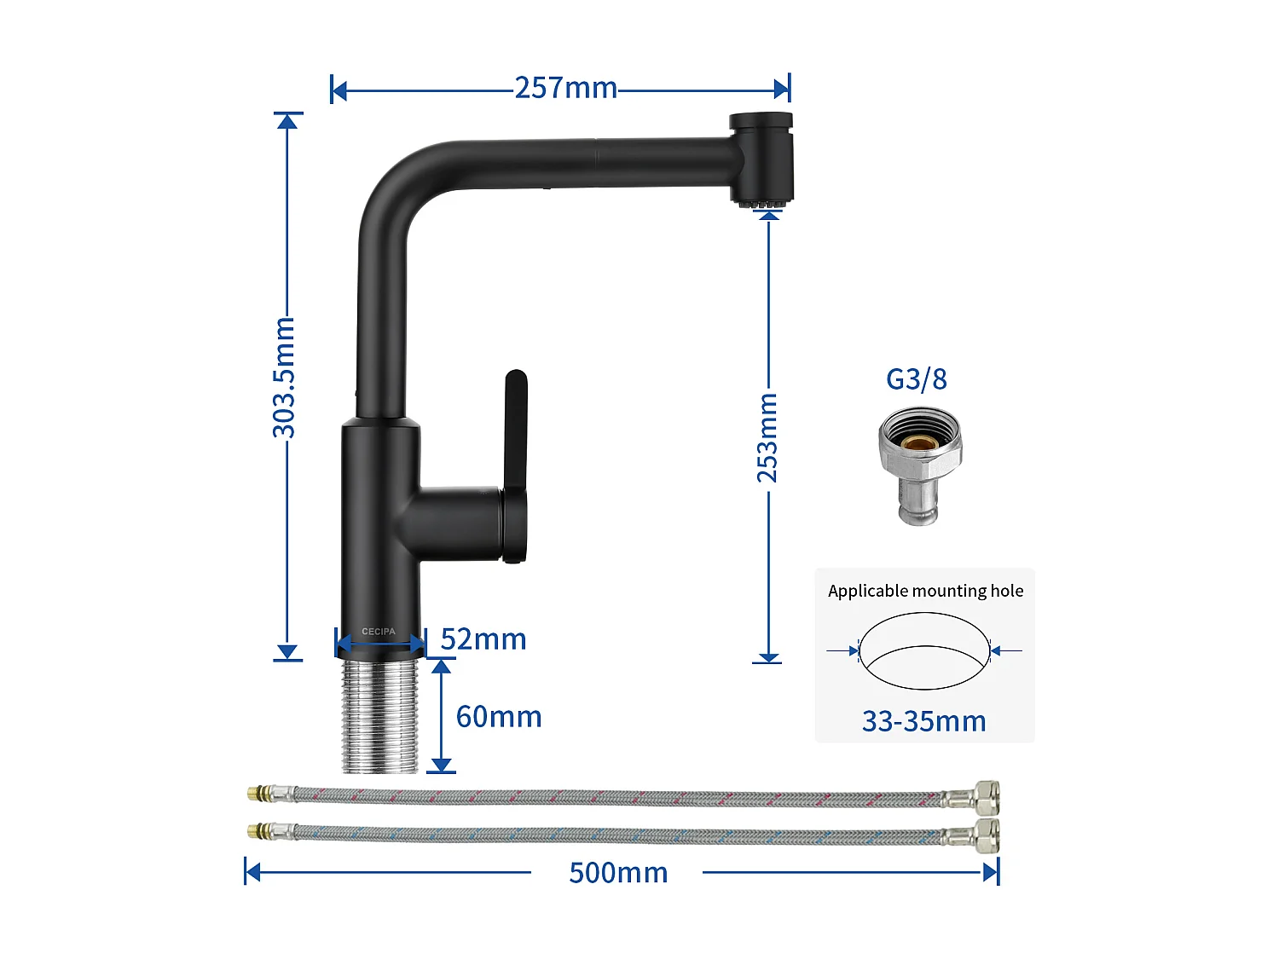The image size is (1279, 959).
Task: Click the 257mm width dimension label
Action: [565, 88]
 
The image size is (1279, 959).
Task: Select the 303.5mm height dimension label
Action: [284, 378]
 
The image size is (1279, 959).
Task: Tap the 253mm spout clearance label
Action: [767, 437]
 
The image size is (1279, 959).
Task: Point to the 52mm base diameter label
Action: [483, 639]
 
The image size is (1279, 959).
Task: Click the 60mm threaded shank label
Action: [499, 717]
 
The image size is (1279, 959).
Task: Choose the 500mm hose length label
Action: [618, 873]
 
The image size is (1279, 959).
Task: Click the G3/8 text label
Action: [917, 379]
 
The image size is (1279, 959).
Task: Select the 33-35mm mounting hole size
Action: [923, 721]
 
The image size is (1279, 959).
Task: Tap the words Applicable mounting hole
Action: [925, 591]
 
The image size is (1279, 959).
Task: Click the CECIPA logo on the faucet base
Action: [379, 632]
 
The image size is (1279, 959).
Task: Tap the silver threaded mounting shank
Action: [380, 716]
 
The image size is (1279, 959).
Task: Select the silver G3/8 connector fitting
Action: [920, 465]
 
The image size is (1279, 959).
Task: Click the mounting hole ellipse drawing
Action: [924, 651]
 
